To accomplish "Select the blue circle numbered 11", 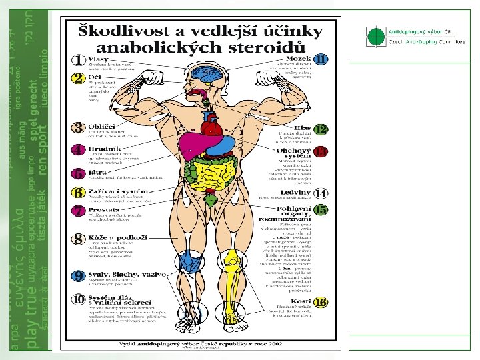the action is (x=321, y=59).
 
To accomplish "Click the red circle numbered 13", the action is (x=321, y=151).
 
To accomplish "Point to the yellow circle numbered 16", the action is (x=322, y=302).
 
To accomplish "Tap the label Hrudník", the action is (x=103, y=150).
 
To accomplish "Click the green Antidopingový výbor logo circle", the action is (x=376, y=36).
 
